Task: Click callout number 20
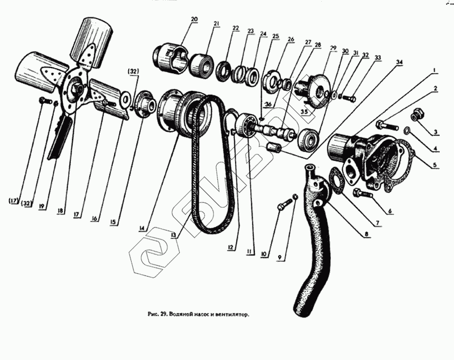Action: pos(194,20)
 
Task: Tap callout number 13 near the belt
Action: pos(172,233)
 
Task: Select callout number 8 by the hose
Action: pos(366,233)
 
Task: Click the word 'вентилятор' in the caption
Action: pos(233,313)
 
